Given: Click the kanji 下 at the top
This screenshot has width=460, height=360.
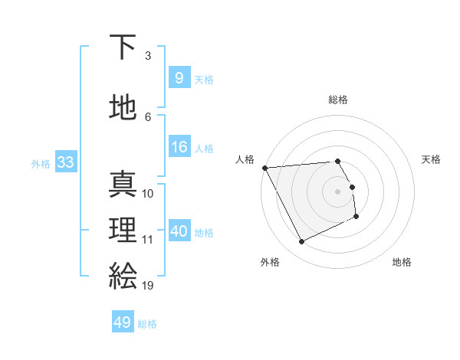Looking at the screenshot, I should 123,47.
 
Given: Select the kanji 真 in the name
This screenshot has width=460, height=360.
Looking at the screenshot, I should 123,184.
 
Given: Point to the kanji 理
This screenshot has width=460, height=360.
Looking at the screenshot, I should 123,230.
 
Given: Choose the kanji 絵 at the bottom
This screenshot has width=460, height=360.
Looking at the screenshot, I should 123,275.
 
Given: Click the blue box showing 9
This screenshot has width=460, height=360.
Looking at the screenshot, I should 179,77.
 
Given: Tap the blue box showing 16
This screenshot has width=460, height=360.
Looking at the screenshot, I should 179,147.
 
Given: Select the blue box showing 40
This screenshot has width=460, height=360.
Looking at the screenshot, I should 179,231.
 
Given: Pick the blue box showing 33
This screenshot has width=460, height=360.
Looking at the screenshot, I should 65,162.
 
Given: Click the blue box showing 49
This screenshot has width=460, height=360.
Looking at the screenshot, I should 123,322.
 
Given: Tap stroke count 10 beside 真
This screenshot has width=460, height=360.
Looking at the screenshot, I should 148,194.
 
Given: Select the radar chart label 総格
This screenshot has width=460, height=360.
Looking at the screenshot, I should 337,100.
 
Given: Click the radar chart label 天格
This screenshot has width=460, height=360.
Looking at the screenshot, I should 431,159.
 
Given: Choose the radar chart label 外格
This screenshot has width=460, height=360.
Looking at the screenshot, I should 270,262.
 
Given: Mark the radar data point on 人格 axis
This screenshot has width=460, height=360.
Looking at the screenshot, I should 264,167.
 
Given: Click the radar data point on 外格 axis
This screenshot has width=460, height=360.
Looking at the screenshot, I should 301,242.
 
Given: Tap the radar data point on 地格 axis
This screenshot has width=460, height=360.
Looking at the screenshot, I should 356,217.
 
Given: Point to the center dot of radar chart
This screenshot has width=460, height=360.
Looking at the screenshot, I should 337,191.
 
